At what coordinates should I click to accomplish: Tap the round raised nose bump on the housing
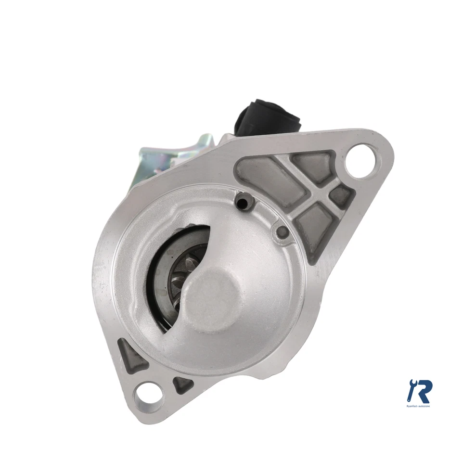tap(212, 297)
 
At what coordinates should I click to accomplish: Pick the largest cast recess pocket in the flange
tap(264, 178)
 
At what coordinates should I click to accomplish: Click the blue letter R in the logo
tap(424, 391)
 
